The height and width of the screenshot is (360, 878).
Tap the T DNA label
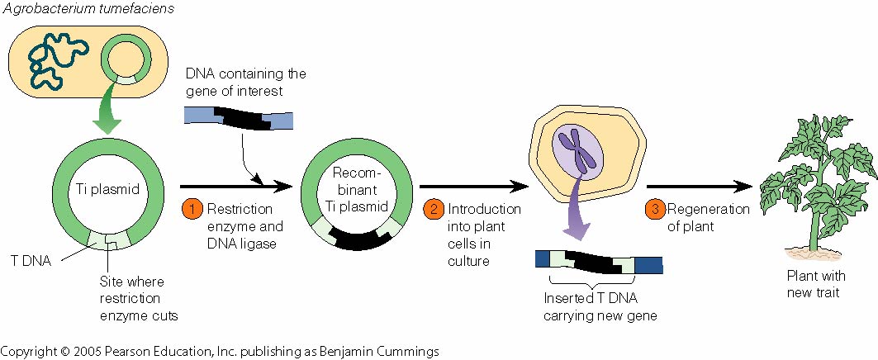tap(29, 263)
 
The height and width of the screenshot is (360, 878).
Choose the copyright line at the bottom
tap(220, 350)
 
